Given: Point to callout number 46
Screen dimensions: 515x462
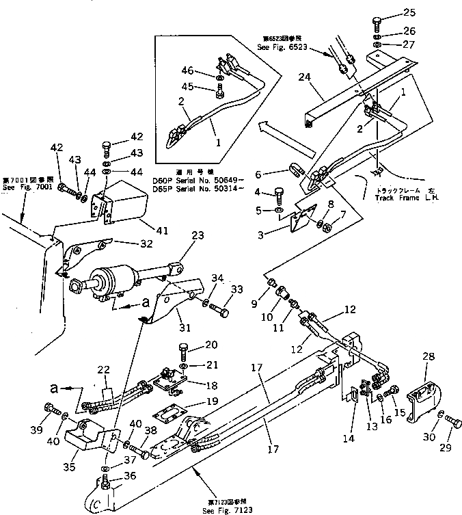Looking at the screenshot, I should pos(187,70).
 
